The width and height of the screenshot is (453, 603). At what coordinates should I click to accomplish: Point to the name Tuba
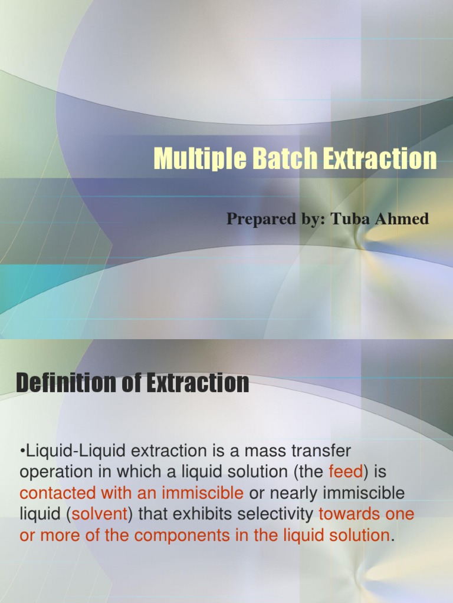click(x=349, y=219)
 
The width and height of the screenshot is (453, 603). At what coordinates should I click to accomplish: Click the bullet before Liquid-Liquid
click(x=22, y=452)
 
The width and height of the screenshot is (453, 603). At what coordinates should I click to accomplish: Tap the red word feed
click(x=343, y=472)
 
